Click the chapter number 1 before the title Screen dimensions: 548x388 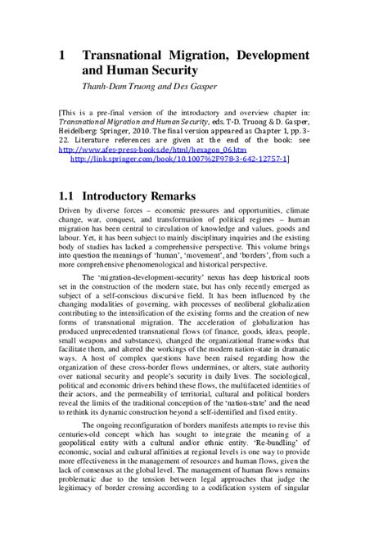click(62, 55)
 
